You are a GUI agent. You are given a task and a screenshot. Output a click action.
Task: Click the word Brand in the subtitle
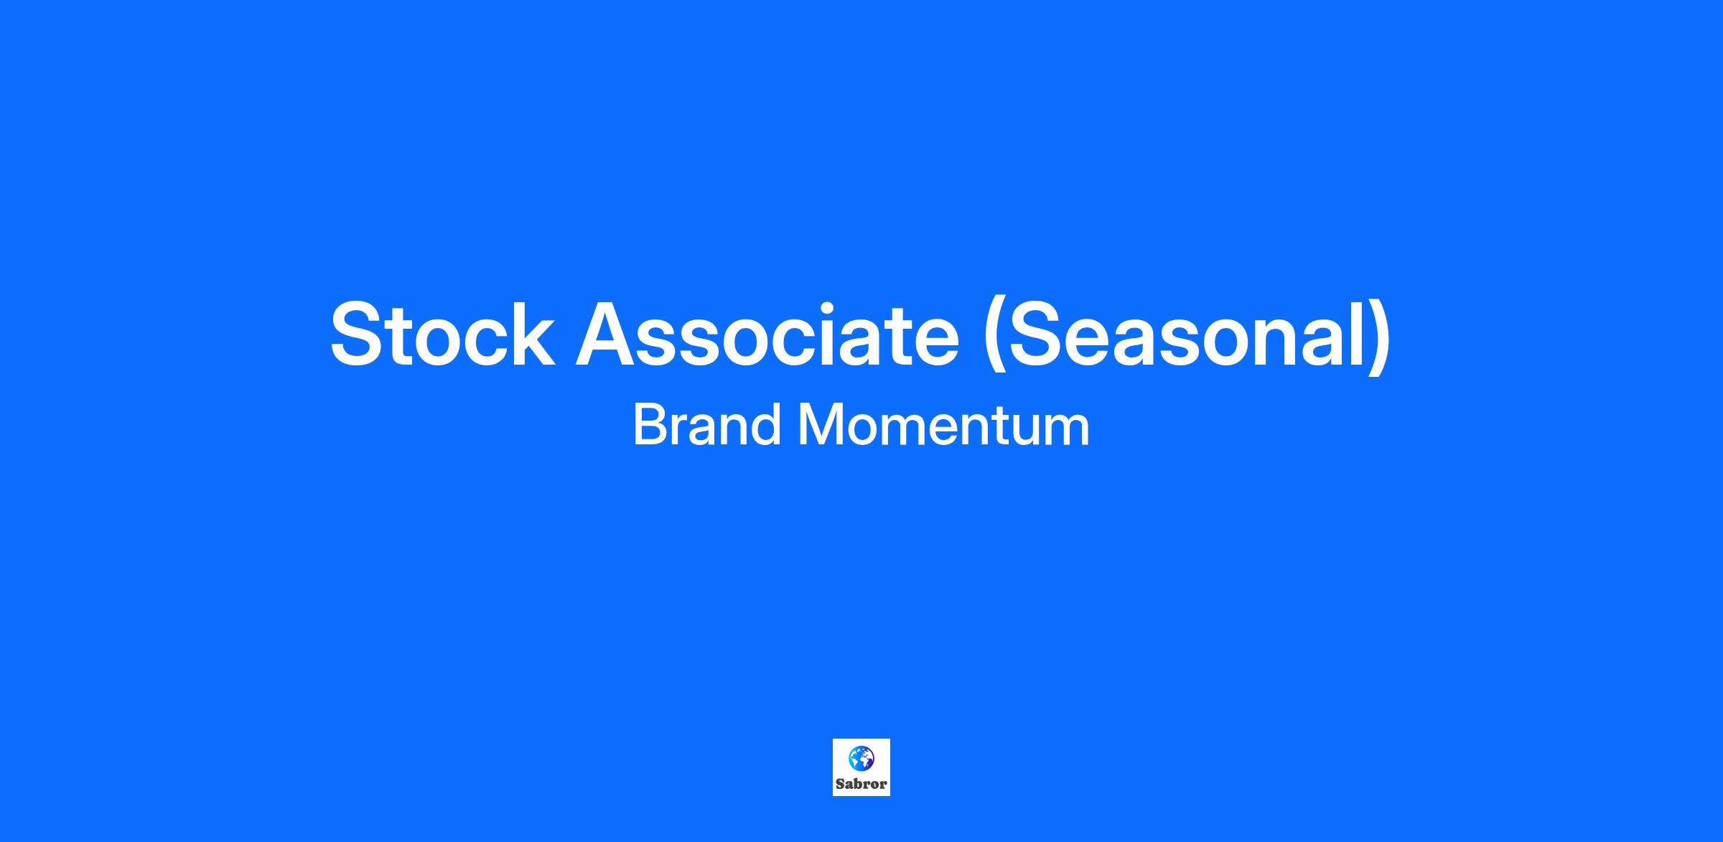pos(706,426)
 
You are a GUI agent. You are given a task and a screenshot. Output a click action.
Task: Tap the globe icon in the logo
pos(861,757)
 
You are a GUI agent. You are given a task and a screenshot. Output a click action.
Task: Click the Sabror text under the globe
pos(861,785)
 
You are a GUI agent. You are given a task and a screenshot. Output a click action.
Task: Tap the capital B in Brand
pos(650,426)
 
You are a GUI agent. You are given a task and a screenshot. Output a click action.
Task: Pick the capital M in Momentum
pos(820,426)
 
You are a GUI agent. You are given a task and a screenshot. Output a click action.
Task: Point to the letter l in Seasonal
pos(1357,335)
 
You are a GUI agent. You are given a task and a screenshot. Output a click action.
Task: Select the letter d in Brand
pos(764,426)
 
